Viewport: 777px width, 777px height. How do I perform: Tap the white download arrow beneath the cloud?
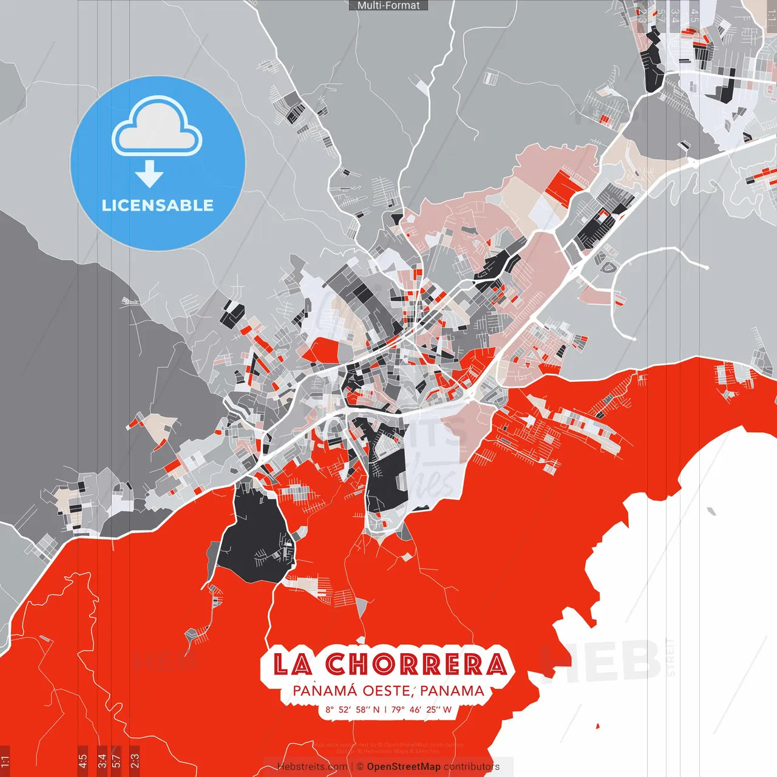tap(149, 175)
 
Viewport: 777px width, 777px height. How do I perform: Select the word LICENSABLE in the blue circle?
tap(157, 205)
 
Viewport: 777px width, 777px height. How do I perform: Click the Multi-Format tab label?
tap(388, 5)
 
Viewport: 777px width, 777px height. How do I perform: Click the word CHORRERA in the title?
tap(416, 664)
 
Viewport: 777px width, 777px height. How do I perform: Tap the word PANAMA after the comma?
tap(452, 691)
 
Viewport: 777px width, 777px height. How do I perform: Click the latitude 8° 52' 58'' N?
tap(352, 710)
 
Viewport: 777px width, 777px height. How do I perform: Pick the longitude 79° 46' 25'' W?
tap(421, 710)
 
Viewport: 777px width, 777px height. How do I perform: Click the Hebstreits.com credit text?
tap(312, 767)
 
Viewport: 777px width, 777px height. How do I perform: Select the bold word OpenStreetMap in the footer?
tap(404, 767)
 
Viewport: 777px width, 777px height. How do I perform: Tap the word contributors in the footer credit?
tap(472, 767)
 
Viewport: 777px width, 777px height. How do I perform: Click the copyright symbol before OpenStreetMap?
tap(360, 767)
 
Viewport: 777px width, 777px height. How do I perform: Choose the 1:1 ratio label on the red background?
tap(5, 761)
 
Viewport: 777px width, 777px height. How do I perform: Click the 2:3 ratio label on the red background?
tap(135, 761)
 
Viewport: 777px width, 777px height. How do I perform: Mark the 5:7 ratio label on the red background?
tap(117, 761)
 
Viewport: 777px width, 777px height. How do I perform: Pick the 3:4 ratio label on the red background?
tap(102, 761)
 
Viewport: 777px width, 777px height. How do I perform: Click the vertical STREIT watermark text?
tap(670, 657)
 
